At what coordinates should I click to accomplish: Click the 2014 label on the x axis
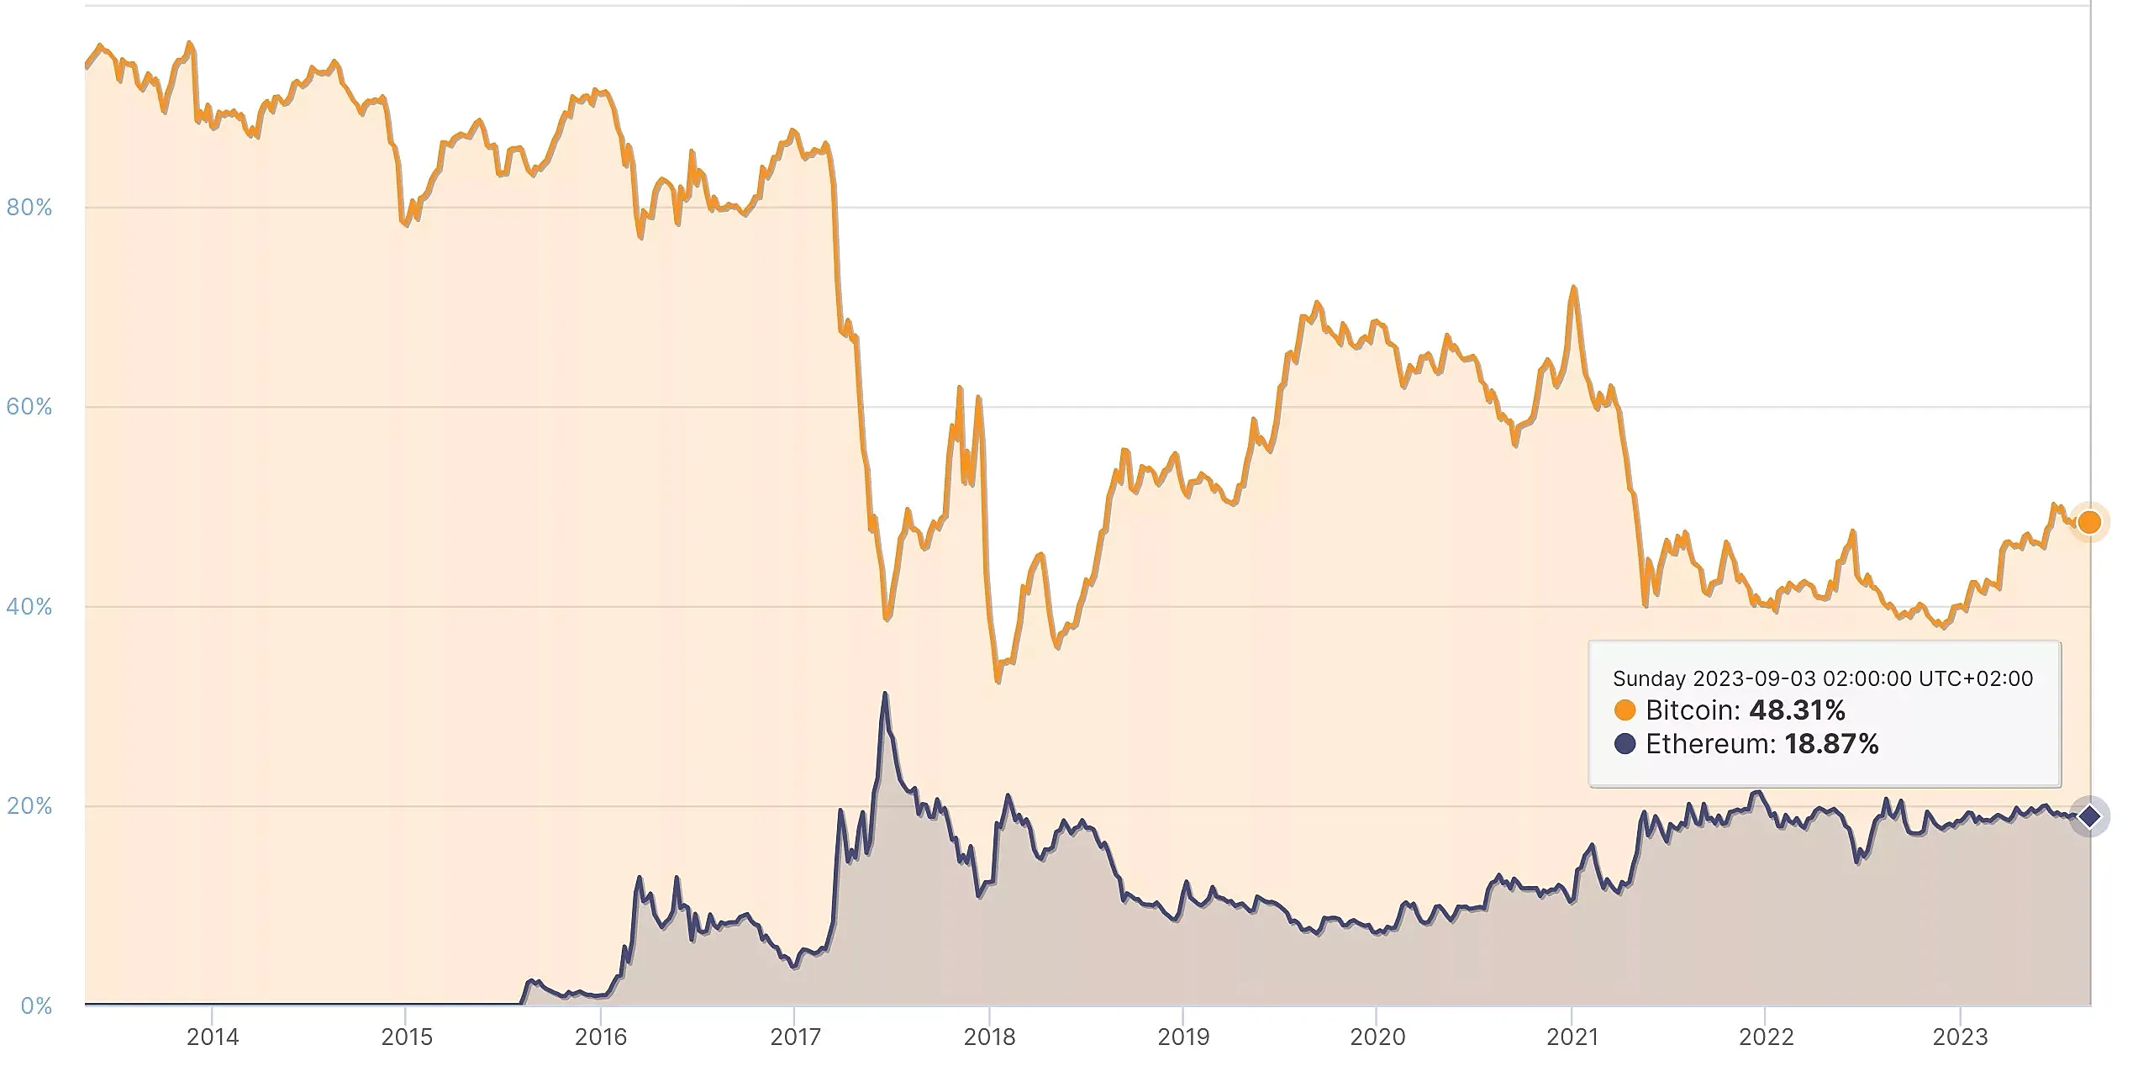click(x=213, y=1037)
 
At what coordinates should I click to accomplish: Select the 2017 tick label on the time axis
click(x=795, y=1037)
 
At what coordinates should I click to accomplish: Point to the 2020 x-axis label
click(x=1377, y=1037)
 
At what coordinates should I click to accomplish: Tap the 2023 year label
click(x=1960, y=1037)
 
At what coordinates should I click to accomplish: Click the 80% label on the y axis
click(x=29, y=208)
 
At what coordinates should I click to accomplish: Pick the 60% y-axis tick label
click(x=29, y=407)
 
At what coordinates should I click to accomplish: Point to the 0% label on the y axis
click(x=36, y=1005)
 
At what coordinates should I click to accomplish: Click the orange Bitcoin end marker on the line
click(x=2089, y=523)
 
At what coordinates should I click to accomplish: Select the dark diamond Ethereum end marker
click(x=2089, y=816)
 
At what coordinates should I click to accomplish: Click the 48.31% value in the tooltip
click(x=1797, y=710)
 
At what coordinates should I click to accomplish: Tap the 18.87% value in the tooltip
click(x=1830, y=744)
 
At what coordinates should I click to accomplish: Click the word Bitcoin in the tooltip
click(x=1692, y=710)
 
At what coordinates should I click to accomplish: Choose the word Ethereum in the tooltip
click(x=1709, y=744)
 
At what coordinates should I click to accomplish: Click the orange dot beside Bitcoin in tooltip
click(x=1625, y=710)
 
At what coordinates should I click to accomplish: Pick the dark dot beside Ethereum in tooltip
click(x=1625, y=744)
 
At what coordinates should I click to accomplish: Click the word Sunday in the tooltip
click(x=1649, y=678)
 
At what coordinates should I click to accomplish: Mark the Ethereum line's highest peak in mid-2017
click(x=885, y=694)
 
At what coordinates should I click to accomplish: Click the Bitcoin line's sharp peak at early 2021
click(x=1572, y=288)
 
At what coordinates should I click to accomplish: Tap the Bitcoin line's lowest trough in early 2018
click(x=998, y=681)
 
